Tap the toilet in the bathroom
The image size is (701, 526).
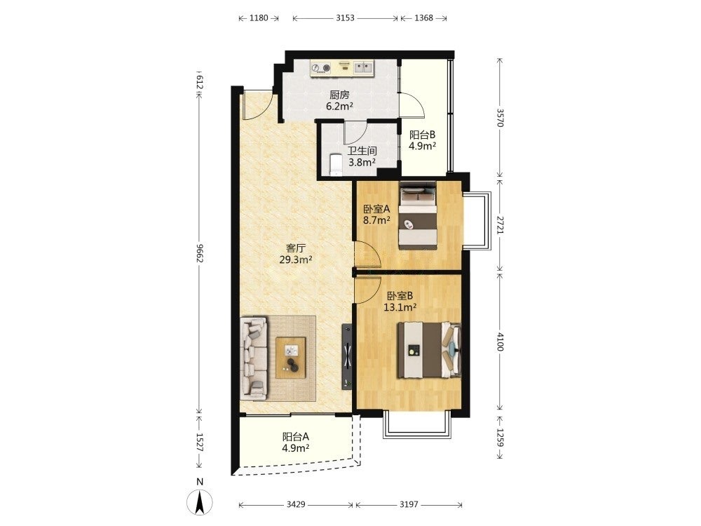point(335,166)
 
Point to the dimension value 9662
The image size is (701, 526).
point(200,253)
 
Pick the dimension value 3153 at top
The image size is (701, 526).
point(345,18)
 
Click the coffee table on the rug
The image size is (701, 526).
point(291,358)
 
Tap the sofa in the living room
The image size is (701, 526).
point(254,358)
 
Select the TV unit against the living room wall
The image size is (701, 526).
point(347,356)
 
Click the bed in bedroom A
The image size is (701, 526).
point(418,216)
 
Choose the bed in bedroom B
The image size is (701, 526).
point(429,350)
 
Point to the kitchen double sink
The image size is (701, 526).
point(364,67)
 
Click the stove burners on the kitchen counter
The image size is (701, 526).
point(322,68)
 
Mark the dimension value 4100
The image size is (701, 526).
point(501,341)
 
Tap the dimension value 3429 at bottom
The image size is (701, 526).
point(296,504)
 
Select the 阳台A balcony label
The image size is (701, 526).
point(296,436)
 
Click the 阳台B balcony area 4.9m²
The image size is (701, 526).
point(423,146)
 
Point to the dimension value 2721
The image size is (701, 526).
point(501,227)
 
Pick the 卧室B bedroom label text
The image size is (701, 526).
point(400,295)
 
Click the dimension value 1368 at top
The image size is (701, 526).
point(423,18)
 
